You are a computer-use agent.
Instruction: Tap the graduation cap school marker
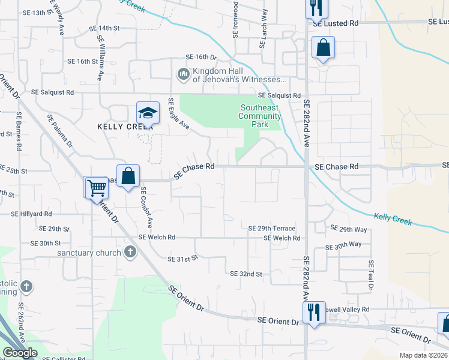point(147,113)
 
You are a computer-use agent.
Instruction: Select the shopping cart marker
point(96,188)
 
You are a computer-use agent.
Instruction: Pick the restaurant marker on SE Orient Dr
point(314,313)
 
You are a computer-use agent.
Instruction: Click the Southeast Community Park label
point(260,116)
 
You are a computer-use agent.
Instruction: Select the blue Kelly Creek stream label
point(393,220)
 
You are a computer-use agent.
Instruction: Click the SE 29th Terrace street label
point(272,229)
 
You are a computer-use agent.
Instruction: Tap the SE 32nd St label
point(246,274)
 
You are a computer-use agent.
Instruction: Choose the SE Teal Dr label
point(372,275)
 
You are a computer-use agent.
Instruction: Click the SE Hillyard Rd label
point(31,214)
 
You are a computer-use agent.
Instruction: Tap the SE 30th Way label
point(343,245)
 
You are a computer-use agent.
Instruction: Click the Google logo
point(20,353)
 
